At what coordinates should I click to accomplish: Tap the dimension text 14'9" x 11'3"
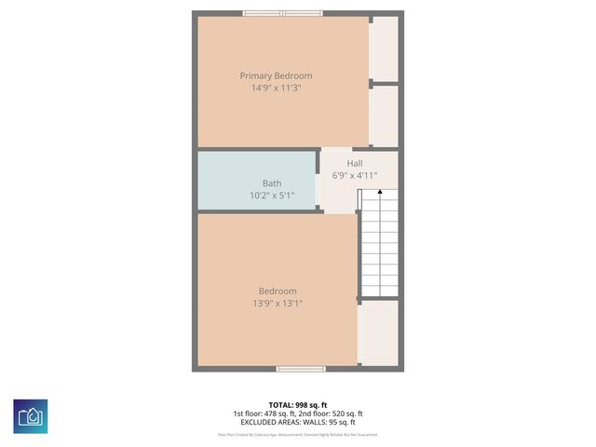pos(276,88)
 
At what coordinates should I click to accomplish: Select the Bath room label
pos(271,183)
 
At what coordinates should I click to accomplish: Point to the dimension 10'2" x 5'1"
pos(271,196)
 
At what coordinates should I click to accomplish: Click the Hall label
pos(355,163)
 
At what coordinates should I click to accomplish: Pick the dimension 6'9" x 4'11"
pos(355,174)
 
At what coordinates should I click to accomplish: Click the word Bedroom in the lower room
pos(278,291)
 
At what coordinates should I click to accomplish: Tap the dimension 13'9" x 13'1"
pos(278,303)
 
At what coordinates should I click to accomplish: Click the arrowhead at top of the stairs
pos(379,192)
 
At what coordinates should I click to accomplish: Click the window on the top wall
pos(283,13)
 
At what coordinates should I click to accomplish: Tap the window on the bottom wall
pos(301,369)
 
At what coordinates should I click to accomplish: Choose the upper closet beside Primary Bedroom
pos(385,48)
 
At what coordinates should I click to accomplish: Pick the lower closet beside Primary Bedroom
pos(385,115)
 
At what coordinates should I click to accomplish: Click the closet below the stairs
pos(379,332)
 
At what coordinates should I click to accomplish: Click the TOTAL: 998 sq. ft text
pos(298,404)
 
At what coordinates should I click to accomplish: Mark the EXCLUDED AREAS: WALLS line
pos(298,422)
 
